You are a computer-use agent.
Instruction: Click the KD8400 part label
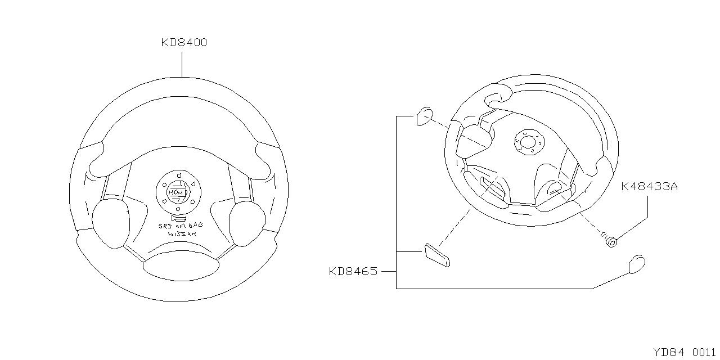coord(184,42)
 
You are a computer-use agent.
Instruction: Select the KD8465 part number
coord(353,272)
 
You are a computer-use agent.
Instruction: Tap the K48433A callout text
coord(649,186)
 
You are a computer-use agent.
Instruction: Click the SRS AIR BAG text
coord(181,226)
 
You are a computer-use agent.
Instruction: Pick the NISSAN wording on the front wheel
coord(182,234)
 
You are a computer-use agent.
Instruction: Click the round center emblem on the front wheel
coord(179,192)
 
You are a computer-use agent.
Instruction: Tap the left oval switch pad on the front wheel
coord(111,223)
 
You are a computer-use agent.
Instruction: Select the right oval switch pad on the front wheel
coord(247,223)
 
